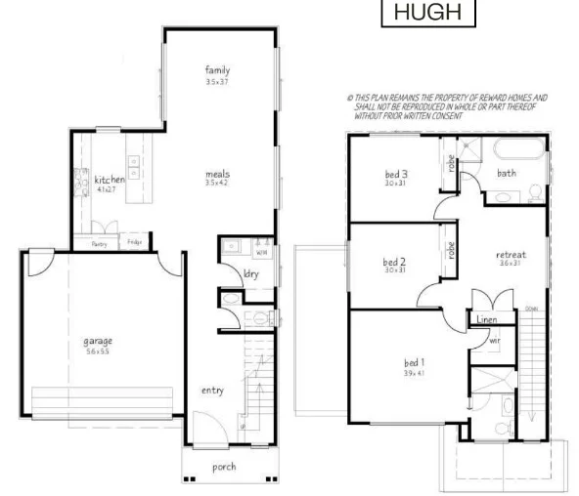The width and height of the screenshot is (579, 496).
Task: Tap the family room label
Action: tap(217, 69)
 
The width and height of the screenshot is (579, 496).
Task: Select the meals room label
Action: tap(217, 173)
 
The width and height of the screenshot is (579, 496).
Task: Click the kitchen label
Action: tap(110, 180)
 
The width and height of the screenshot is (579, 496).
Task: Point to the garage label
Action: tap(98, 341)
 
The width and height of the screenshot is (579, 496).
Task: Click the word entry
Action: tap(212, 390)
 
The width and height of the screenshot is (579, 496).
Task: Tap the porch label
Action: tap(224, 467)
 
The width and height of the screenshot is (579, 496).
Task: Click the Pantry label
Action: tap(99, 243)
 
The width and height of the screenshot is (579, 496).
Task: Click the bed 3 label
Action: tap(395, 175)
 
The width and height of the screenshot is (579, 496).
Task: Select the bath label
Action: tap(507, 173)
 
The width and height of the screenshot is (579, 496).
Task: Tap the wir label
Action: tap(494, 341)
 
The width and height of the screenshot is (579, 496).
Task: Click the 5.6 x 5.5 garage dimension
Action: tap(97, 351)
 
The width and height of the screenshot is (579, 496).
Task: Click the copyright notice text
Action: tap(448, 106)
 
